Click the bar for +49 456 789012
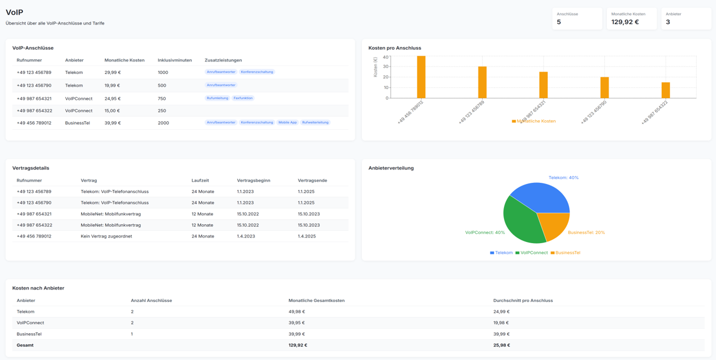click(421, 77)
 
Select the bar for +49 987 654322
click(666, 90)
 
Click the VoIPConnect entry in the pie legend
click(531, 253)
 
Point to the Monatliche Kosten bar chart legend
click(534, 121)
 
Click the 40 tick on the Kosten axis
click(385, 57)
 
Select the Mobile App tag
click(288, 122)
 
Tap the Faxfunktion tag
click(243, 98)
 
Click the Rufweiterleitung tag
click(315, 122)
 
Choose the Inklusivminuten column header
click(175, 60)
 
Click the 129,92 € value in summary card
click(625, 22)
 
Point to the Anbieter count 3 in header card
click(668, 22)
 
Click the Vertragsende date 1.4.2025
click(307, 236)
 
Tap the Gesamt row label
click(25, 345)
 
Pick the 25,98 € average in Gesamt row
click(501, 345)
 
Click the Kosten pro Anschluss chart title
click(394, 48)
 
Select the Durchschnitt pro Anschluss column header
click(522, 301)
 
